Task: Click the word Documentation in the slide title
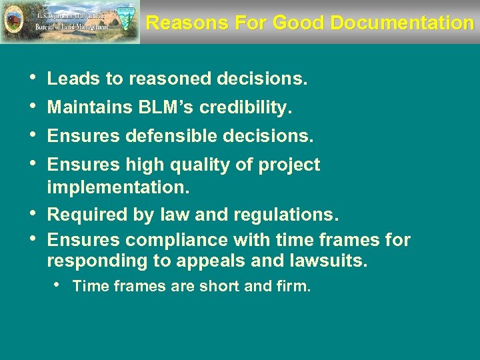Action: (x=401, y=23)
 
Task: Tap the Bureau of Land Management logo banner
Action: (x=70, y=22)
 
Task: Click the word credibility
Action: (x=253, y=107)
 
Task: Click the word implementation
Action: (x=119, y=188)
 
